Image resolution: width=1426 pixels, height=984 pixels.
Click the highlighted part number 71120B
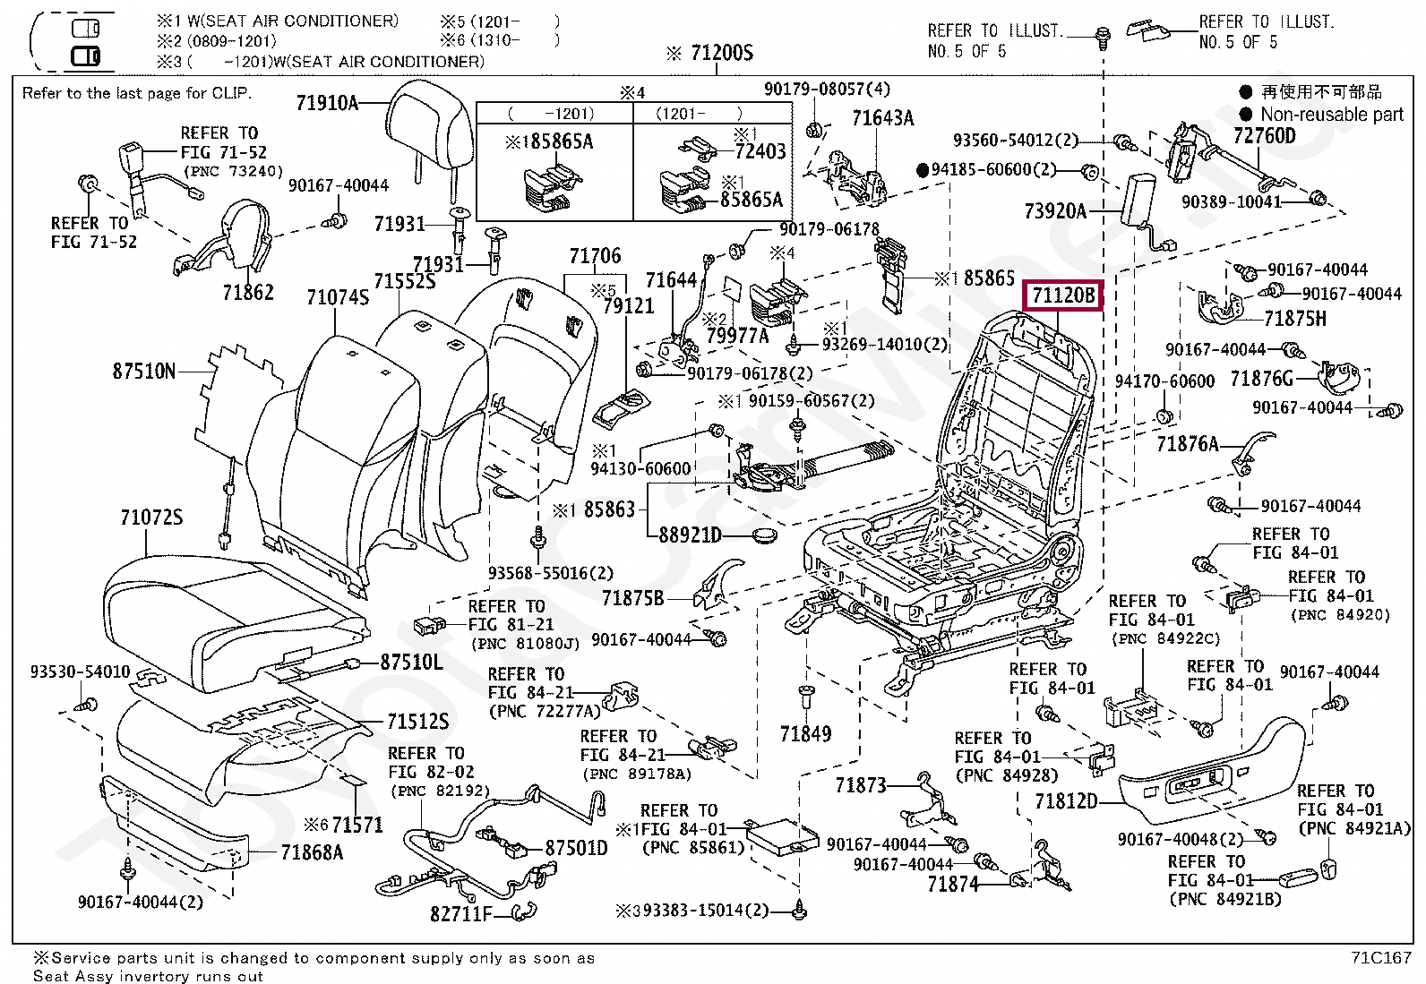tap(1063, 295)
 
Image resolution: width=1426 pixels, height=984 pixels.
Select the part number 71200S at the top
tap(722, 53)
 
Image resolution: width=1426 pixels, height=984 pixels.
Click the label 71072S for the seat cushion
tap(151, 517)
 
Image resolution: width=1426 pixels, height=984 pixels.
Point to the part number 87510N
tap(144, 371)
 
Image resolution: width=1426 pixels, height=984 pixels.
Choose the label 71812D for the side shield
tap(1066, 800)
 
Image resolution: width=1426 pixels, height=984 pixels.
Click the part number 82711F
tap(461, 914)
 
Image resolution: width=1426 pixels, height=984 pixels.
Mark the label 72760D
tap(1264, 136)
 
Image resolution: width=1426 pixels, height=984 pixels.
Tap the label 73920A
tap(1055, 211)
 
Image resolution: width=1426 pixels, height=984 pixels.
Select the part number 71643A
tap(882, 118)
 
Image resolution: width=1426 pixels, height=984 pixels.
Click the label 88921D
tap(690, 535)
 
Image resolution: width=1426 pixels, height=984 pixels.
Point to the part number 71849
tap(805, 734)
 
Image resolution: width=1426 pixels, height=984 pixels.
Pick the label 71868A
tap(312, 852)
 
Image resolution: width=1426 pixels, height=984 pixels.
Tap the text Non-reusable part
tap(1332, 115)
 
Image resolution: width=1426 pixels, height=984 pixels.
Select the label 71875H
tap(1295, 319)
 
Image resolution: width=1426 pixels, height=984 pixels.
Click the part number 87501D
tap(576, 848)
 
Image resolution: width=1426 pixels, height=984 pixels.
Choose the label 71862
tap(248, 292)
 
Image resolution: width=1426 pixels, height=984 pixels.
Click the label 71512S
tap(417, 721)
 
